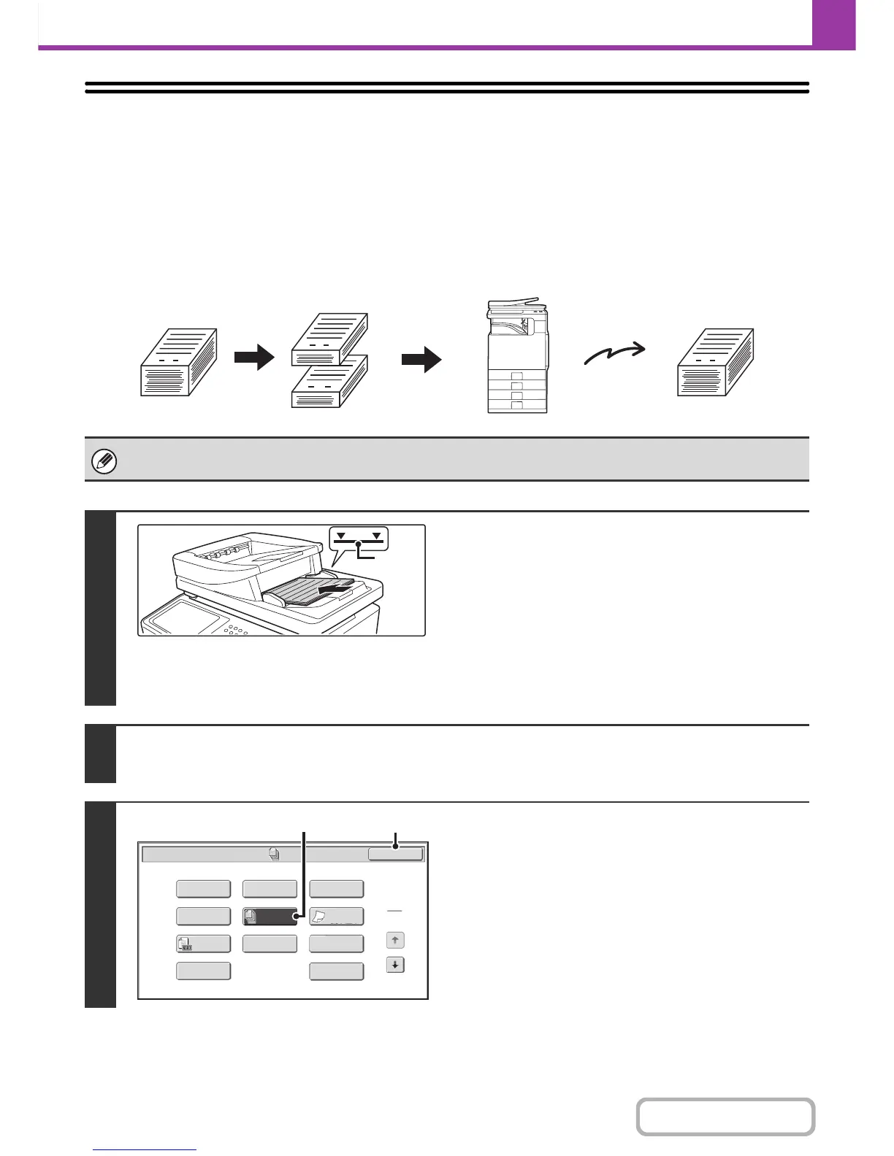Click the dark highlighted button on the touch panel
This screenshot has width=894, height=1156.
(x=270, y=917)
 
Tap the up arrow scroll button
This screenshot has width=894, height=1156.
(x=395, y=940)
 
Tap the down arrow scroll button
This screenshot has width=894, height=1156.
(x=395, y=965)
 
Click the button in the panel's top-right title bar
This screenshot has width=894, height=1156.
(x=395, y=854)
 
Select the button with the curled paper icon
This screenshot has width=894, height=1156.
(x=337, y=917)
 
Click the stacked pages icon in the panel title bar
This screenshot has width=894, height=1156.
(x=275, y=853)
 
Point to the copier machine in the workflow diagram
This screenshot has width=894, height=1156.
(x=517, y=358)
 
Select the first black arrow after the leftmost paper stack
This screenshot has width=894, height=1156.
(x=254, y=359)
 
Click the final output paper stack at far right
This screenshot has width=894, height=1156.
(x=715, y=363)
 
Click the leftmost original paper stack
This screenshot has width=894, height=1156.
(x=178, y=363)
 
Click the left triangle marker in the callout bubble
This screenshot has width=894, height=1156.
(x=341, y=536)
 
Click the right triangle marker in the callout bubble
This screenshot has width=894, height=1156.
(x=377, y=536)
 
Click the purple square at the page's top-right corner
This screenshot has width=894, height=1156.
(x=833, y=23)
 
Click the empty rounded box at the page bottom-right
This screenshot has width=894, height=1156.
(x=725, y=1117)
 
